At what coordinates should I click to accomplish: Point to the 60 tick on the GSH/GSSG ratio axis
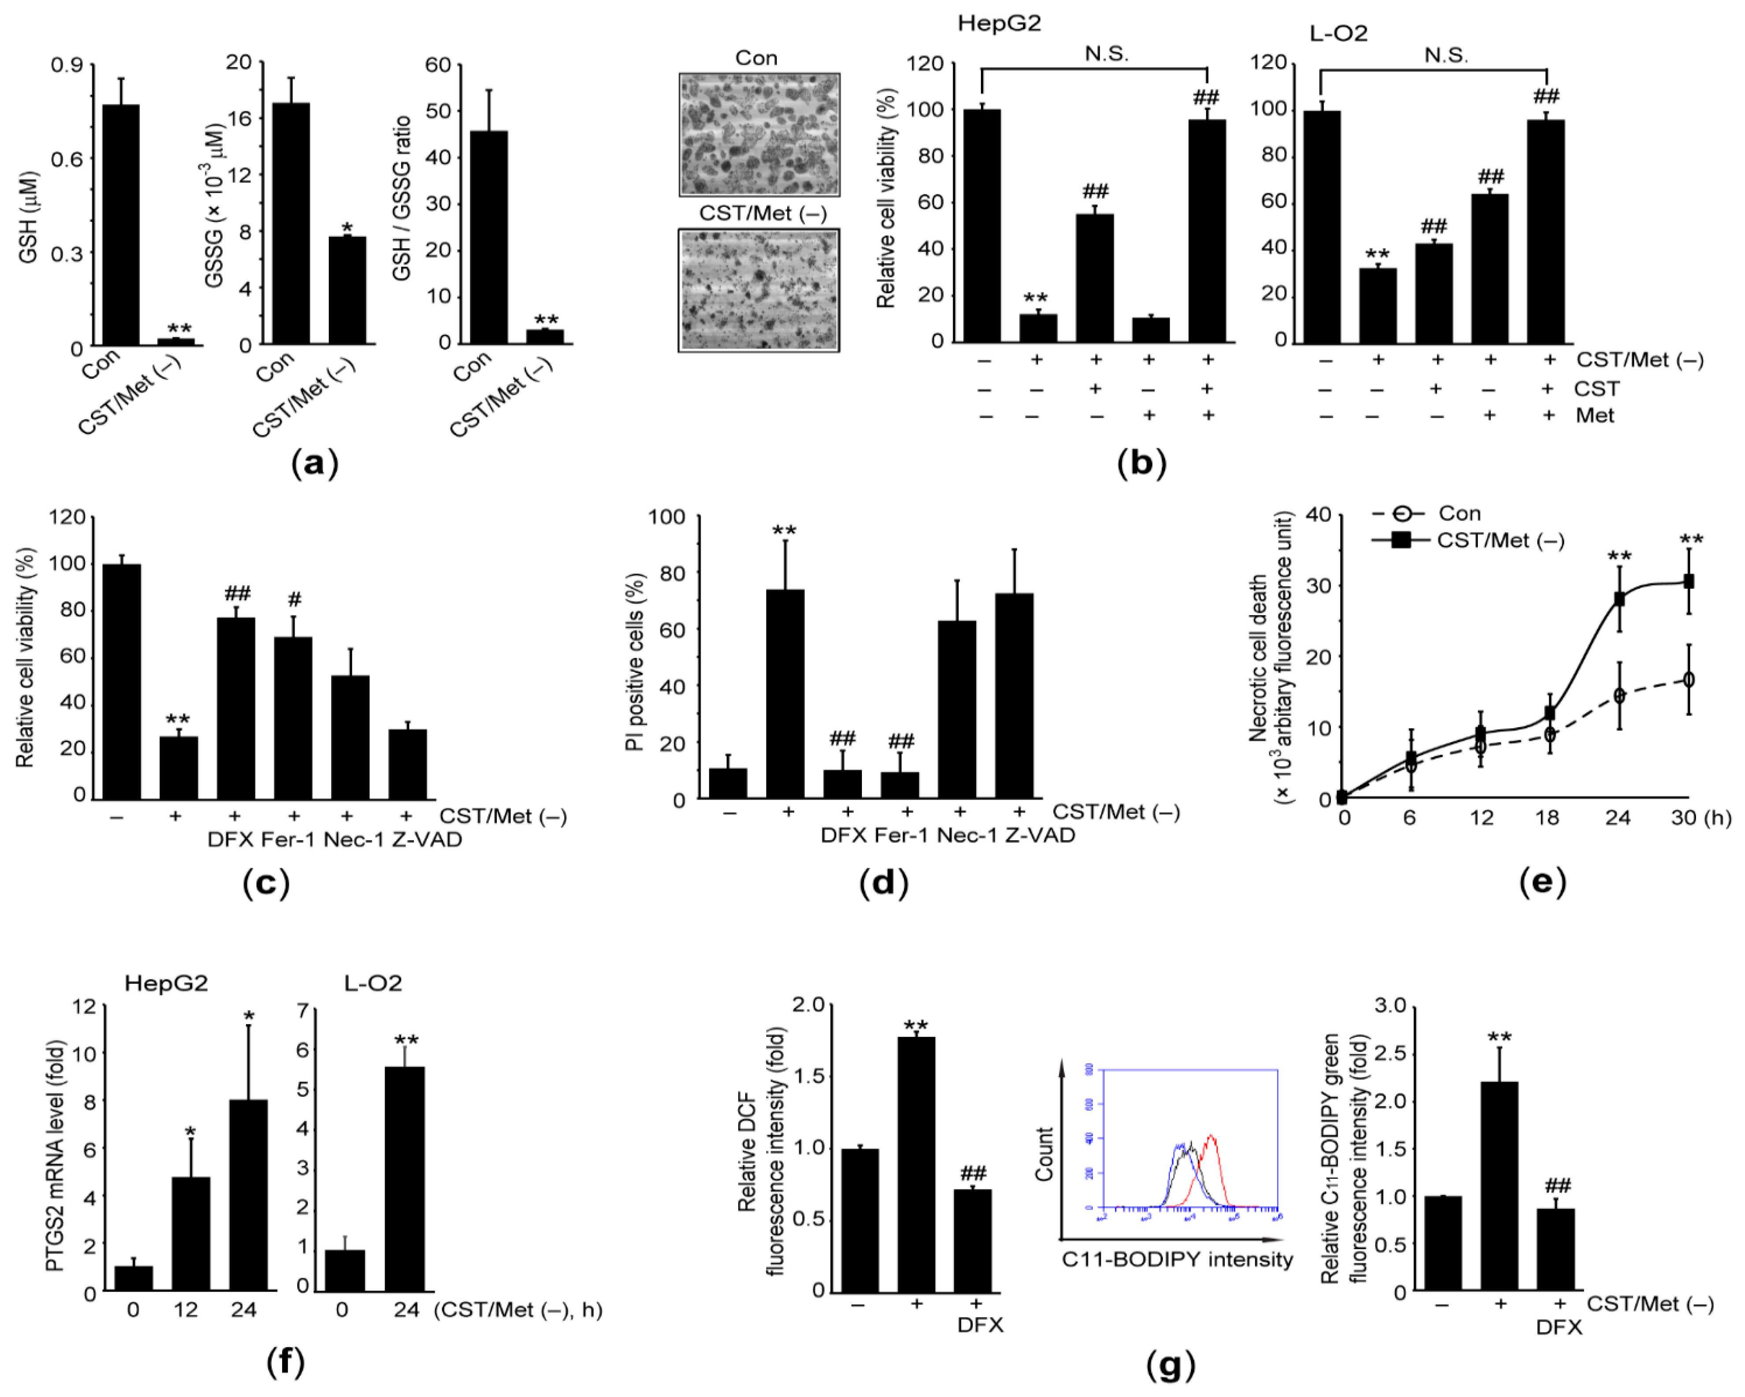pyautogui.click(x=438, y=65)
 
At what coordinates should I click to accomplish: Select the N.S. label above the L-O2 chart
pyautogui.click(x=1446, y=55)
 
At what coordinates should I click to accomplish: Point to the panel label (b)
pyautogui.click(x=1141, y=463)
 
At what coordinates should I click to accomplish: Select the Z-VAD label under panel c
pyautogui.click(x=427, y=839)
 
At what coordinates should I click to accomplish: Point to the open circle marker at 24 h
pyautogui.click(x=1619, y=695)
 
